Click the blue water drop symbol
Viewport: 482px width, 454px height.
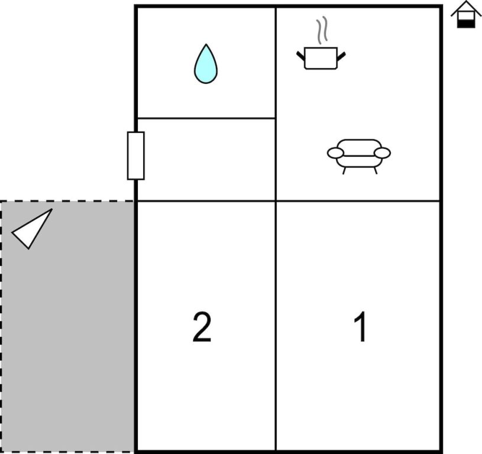205,64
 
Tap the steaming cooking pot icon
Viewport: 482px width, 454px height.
321,57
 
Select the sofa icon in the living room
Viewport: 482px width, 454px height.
359,154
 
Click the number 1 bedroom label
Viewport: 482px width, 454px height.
360,327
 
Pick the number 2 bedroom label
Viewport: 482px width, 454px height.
202,327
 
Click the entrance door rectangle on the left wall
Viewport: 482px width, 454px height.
136,155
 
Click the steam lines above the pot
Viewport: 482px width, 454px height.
321,31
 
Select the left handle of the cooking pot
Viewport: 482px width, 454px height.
300,56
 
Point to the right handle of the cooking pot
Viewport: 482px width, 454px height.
341,56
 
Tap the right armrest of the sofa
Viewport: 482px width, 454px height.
383,153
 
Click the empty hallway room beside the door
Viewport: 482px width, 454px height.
206,160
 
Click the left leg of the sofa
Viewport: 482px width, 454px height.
344,170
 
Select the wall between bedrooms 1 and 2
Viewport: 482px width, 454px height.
276,325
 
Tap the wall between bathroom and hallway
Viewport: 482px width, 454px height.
206,118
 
